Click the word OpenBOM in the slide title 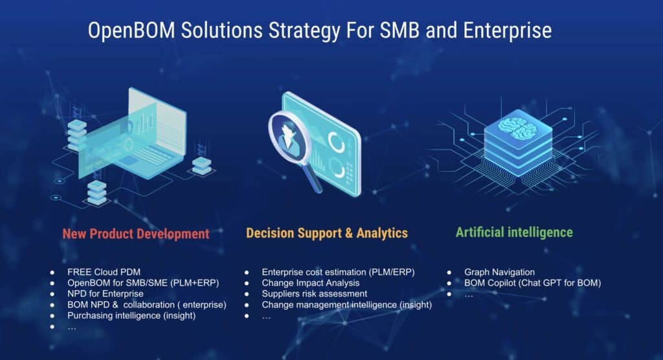click(131, 31)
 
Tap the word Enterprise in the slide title click(508, 31)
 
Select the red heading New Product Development click(136, 234)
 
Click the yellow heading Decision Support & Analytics click(327, 233)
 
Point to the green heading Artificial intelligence click(514, 232)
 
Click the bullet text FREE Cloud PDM click(104, 272)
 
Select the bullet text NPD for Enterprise click(106, 293)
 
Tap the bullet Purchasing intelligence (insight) click(131, 315)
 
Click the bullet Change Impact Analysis click(311, 283)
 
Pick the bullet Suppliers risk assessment click(315, 293)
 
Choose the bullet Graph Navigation click(499, 272)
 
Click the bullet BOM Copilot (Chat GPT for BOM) click(532, 283)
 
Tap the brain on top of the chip click(517, 128)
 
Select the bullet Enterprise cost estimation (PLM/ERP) click(338, 272)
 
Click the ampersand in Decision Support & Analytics click(349, 233)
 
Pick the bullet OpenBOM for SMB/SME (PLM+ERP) click(143, 283)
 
